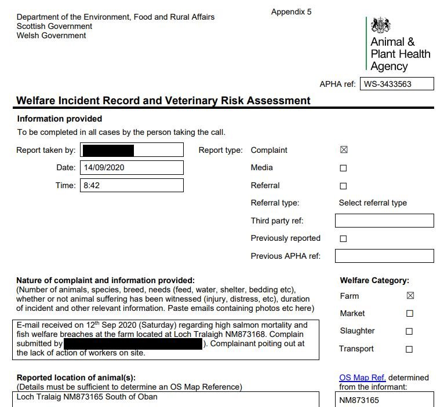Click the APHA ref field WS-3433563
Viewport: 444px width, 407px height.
pyautogui.click(x=396, y=84)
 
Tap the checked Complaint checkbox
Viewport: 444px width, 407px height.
pyautogui.click(x=344, y=150)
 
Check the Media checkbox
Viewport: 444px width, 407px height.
pyautogui.click(x=344, y=168)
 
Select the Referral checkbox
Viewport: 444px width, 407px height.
pyautogui.click(x=344, y=186)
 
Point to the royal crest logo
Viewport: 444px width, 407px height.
pyautogui.click(x=381, y=25)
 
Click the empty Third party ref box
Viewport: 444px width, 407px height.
pyautogui.click(x=384, y=221)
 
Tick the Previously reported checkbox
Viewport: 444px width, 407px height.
pyautogui.click(x=344, y=239)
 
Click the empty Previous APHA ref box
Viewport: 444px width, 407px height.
pyautogui.click(x=384, y=256)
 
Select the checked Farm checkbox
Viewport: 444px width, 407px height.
pyautogui.click(x=410, y=296)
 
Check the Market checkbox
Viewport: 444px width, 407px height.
pyautogui.click(x=410, y=314)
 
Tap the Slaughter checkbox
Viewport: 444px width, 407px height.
pyautogui.click(x=409, y=332)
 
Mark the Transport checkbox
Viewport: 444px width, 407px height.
pyautogui.click(x=409, y=349)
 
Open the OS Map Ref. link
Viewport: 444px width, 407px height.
pyautogui.click(x=362, y=378)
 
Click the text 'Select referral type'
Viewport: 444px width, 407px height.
pyautogui.click(x=373, y=203)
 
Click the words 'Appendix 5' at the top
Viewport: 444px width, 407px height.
pyautogui.click(x=291, y=12)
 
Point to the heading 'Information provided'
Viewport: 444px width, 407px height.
pyautogui.click(x=60, y=119)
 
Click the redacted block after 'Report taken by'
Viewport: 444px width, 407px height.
pyautogui.click(x=108, y=151)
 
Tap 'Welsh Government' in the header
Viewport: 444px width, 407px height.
pyautogui.click(x=51, y=35)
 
